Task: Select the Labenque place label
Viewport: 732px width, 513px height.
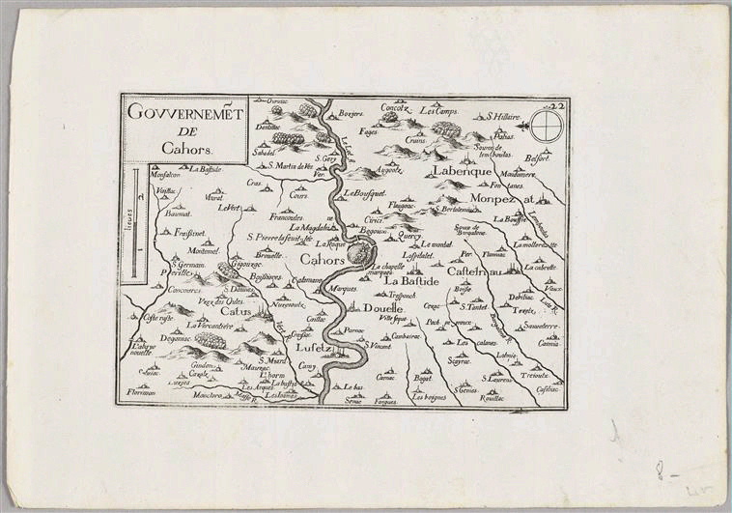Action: click(440, 170)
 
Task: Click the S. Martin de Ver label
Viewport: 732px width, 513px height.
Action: click(290, 165)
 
